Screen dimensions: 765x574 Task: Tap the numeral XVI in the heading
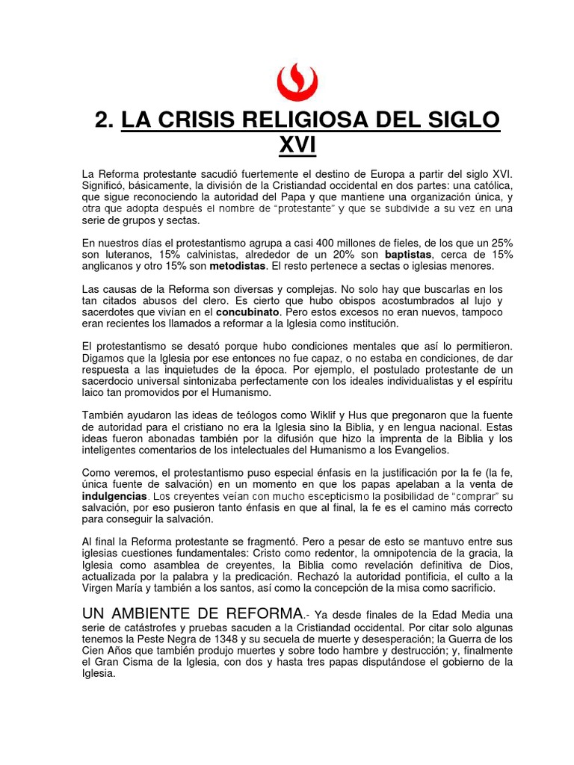click(x=297, y=145)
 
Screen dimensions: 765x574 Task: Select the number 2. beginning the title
click(x=105, y=120)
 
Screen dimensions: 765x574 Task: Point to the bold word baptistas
click(x=409, y=255)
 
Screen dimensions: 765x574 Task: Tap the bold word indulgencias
click(x=114, y=496)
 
